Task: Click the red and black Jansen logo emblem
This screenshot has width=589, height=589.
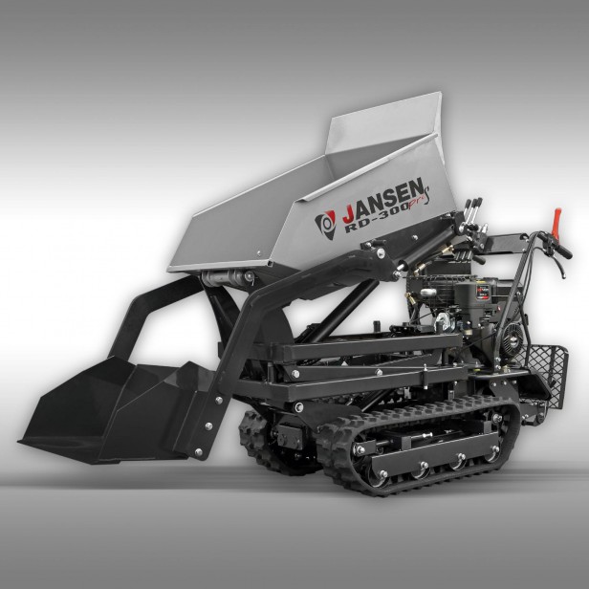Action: pyautogui.click(x=325, y=223)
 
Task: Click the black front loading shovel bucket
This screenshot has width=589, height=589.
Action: pyautogui.click(x=105, y=402)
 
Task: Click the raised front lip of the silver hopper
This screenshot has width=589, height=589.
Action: pyautogui.click(x=382, y=120)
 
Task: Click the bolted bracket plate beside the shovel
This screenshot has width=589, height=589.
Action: pyautogui.click(x=206, y=421)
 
